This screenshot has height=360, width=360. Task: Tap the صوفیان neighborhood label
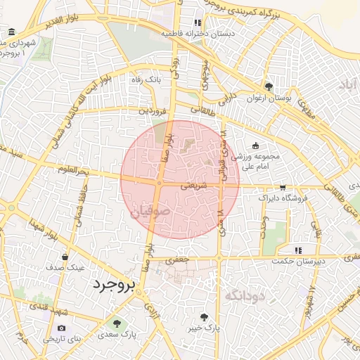tap(150, 211)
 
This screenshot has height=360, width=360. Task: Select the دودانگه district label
tap(244, 295)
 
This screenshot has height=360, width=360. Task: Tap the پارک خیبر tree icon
tap(205, 316)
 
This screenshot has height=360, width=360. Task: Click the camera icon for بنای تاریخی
tap(62, 328)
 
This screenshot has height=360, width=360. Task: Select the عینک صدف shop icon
tap(65, 257)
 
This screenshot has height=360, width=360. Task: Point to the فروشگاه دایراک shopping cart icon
tap(283, 188)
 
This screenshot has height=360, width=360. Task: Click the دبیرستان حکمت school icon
tap(299, 250)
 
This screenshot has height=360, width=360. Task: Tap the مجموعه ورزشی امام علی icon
tap(255, 146)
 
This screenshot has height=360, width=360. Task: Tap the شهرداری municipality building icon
tap(13, 32)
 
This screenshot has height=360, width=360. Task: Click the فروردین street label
tap(153, 110)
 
